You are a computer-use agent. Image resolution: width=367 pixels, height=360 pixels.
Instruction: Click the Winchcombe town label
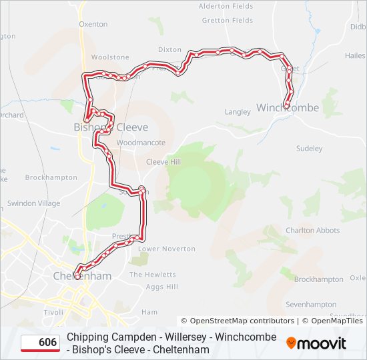click(x=288, y=108)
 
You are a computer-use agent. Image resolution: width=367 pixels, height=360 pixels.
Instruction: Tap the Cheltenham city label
click(x=82, y=275)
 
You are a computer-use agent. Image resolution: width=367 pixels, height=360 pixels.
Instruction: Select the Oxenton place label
click(x=93, y=24)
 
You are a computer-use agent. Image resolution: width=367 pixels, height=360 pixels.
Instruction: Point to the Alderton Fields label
click(x=226, y=6)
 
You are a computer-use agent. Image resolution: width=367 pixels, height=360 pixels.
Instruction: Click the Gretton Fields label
click(x=228, y=21)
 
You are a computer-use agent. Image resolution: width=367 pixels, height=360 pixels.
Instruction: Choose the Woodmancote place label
click(x=140, y=143)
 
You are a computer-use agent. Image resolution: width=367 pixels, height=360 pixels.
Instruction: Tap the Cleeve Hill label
click(x=163, y=162)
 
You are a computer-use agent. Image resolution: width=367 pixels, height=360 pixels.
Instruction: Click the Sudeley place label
click(x=309, y=148)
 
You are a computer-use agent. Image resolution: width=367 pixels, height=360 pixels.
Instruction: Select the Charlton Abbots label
click(x=312, y=231)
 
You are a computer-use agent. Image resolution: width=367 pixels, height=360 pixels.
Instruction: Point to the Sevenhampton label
click(x=311, y=305)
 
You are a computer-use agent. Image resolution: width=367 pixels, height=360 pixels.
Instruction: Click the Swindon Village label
click(x=33, y=203)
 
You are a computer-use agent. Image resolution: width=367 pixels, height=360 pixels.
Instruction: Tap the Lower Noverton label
click(x=167, y=249)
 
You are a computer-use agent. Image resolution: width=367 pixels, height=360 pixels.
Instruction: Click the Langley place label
click(x=237, y=112)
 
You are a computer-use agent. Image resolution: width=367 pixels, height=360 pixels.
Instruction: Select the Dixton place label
click(x=169, y=49)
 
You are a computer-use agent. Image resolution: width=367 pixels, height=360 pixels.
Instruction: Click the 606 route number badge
click(x=40, y=343)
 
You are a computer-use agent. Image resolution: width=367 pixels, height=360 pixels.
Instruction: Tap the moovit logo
click(x=316, y=343)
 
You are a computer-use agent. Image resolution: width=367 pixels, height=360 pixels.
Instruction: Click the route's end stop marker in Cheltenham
click(x=77, y=276)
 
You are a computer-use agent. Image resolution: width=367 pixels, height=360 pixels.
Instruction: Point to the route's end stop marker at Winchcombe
click(x=287, y=105)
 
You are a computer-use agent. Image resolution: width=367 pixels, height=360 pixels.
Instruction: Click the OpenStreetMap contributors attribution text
click(x=238, y=321)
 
